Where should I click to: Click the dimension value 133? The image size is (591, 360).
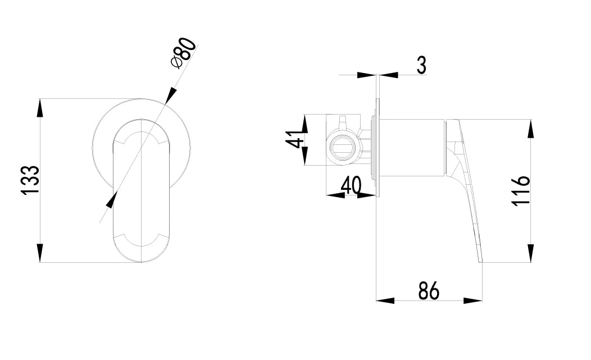pos(30,180)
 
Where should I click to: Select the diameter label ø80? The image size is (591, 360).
pos(184,52)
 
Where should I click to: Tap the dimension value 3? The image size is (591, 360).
pos(421,65)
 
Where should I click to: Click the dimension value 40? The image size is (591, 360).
pos(351,185)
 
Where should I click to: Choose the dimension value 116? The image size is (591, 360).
pos(521,190)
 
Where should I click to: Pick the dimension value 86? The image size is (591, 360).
pos(429,291)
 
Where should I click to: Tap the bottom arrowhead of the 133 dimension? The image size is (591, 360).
pos(39,253)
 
